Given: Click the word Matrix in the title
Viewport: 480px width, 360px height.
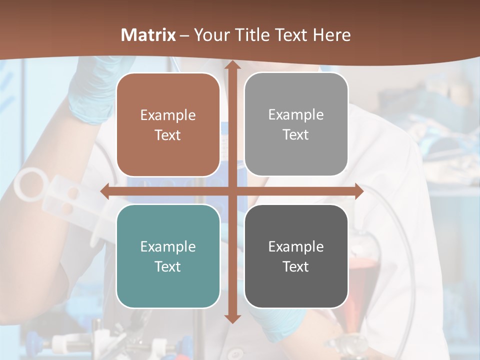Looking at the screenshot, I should pos(148,35).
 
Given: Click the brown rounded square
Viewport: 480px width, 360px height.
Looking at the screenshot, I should pos(168,124).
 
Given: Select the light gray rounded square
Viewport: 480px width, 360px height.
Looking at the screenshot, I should pos(296,124).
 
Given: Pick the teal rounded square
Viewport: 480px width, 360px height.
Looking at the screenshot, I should pos(168,256).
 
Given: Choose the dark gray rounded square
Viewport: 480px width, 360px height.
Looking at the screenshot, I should pos(296,256).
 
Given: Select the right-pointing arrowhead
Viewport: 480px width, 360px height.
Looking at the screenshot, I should pos(358,191).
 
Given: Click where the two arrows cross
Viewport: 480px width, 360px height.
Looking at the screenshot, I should pos(231,191).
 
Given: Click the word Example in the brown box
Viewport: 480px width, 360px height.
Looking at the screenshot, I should pos(168,115).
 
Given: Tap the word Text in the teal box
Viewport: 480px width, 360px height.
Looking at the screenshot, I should pos(168,266).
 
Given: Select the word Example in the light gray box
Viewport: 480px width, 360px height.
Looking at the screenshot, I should pos(296,115).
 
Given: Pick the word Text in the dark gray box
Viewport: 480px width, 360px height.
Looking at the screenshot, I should pos(296,266).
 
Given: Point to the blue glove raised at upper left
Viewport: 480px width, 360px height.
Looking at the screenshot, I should pos(90,95).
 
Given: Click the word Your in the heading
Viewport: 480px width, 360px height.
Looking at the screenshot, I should pos(210,35).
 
